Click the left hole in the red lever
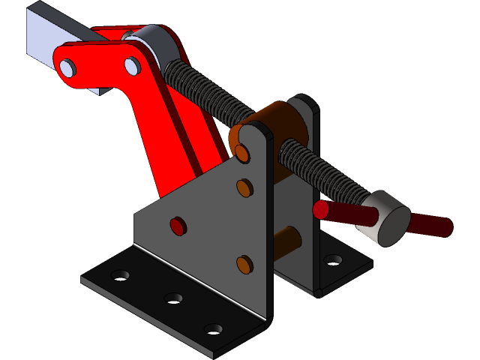[x=67, y=69]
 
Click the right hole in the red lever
[x=132, y=67]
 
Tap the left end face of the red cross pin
[x=321, y=209]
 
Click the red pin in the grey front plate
[x=178, y=226]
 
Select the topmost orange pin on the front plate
[x=242, y=154]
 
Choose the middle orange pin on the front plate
[x=244, y=187]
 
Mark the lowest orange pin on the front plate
[x=244, y=264]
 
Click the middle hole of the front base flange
[x=173, y=298]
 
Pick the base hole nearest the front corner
[x=214, y=328]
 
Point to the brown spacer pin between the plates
[x=288, y=239]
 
